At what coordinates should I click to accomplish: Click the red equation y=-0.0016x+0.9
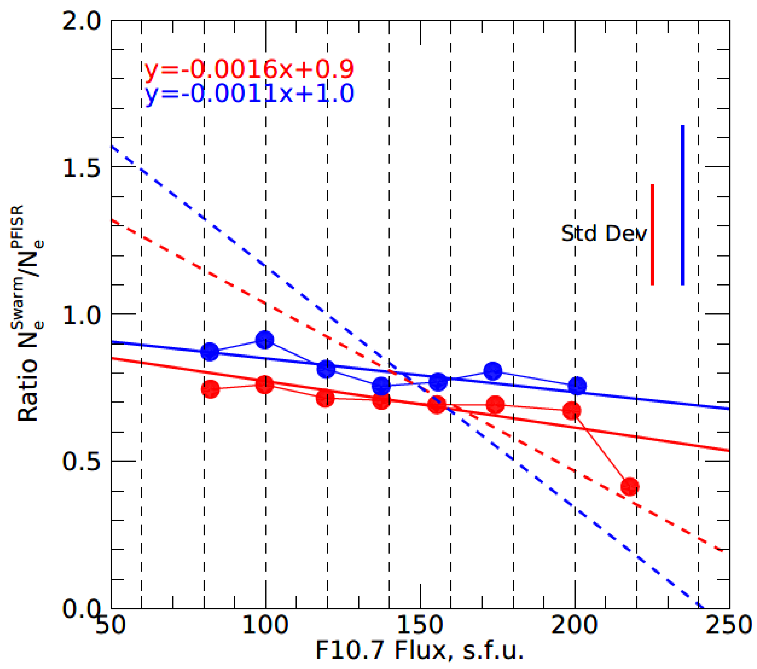249,69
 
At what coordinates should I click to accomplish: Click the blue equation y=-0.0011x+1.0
249,94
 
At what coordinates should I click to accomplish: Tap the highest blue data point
265,340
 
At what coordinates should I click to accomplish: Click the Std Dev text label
604,234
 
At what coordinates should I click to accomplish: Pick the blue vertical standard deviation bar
682,205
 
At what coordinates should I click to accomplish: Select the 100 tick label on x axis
265,625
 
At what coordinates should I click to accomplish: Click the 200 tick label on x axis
574,625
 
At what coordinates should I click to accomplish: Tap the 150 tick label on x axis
420,625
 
